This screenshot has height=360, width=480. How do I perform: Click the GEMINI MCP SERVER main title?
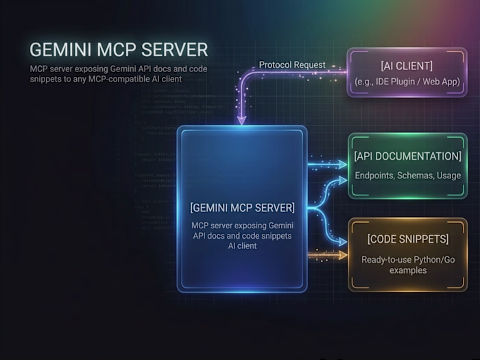pos(119,51)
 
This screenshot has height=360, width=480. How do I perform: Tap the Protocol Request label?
pos(293,65)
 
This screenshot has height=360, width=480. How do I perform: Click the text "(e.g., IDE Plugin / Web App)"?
pos(397,83)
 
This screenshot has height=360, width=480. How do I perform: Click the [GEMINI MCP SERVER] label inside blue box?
pos(242,207)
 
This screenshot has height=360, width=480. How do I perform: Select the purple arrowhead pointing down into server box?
pos(241,121)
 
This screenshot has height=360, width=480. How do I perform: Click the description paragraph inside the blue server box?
pos(242,235)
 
